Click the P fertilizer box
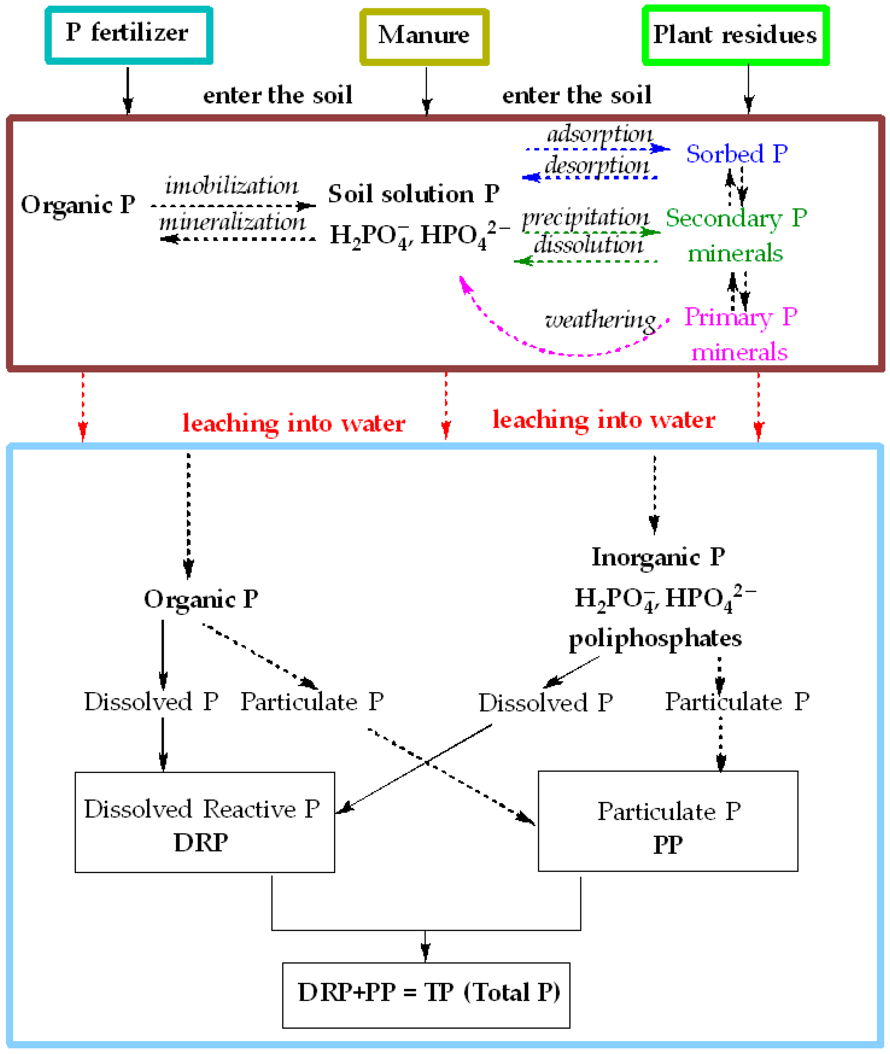[129, 35]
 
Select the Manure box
[424, 36]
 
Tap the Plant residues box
[735, 35]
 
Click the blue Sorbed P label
[737, 154]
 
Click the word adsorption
[600, 134]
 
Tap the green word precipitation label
[585, 217]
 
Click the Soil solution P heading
[414, 194]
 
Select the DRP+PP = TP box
[426, 994]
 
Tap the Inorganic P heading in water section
[658, 557]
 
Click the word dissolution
[589, 246]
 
